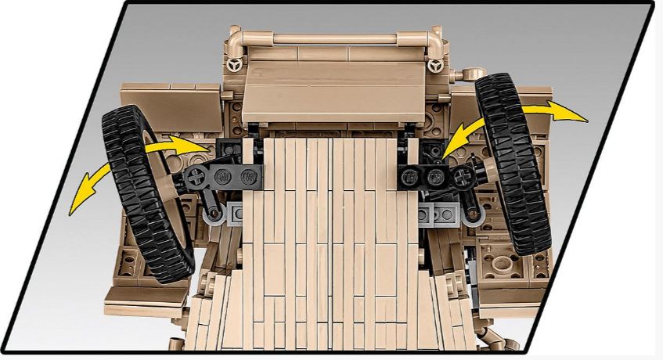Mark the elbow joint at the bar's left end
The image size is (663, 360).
click(x=236, y=39)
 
